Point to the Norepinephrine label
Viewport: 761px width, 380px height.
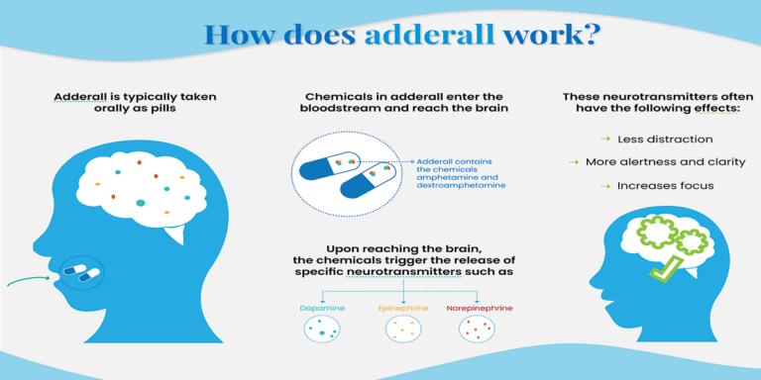[479, 309]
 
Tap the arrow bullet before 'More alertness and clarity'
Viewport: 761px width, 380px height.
[573, 162]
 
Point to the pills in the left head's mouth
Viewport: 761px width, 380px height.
[81, 270]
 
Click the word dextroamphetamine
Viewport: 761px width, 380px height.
[462, 185]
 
